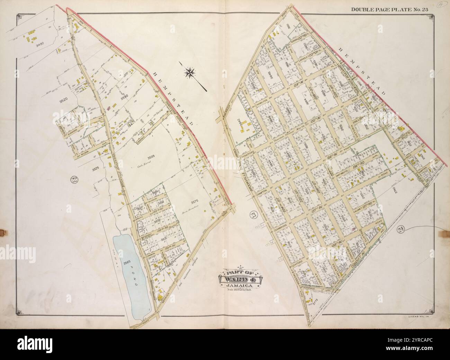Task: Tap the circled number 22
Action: click(73, 179)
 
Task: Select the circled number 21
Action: click(254, 215)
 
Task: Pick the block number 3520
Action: click(63, 101)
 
